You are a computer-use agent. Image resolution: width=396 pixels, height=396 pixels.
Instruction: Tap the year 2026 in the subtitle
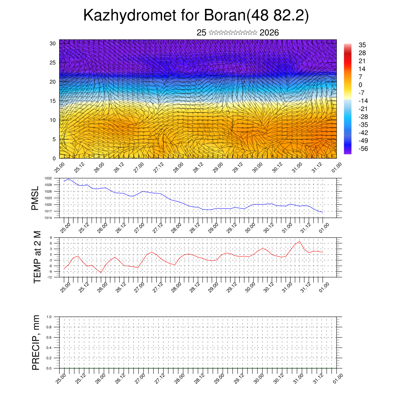[269, 32]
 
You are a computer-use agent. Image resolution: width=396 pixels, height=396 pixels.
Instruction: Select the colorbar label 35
[362, 45]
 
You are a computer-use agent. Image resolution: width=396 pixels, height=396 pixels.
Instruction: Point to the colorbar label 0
[360, 85]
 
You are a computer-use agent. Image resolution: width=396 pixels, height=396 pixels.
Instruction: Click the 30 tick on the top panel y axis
[53, 43]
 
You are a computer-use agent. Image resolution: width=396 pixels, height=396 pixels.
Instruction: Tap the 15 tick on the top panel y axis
[53, 101]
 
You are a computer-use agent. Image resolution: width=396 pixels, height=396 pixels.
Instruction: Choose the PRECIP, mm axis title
[36, 343]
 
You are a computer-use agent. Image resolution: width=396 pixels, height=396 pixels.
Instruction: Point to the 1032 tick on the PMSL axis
[48, 178]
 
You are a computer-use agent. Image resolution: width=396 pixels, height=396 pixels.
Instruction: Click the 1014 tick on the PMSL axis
[48, 218]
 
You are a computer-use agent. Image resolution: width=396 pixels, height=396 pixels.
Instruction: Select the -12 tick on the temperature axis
[49, 277]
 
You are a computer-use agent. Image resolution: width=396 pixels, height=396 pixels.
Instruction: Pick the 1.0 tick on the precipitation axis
[49, 317]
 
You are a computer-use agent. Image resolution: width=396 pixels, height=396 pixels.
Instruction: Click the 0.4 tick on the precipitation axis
[49, 348]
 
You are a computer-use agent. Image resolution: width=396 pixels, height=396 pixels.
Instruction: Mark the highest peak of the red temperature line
[300, 241]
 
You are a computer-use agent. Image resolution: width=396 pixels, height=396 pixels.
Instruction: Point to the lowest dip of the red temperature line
[101, 273]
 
